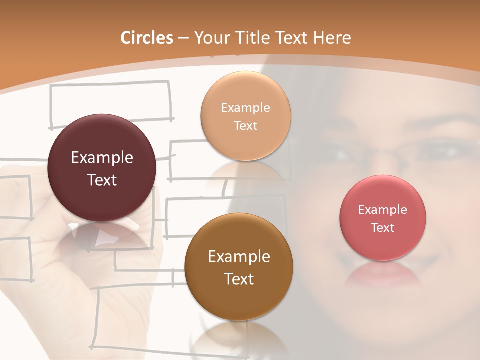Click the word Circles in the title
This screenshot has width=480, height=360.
click(147, 38)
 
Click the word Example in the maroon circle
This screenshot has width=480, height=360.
click(102, 158)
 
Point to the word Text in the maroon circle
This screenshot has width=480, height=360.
click(102, 180)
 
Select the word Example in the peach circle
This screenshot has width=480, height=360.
click(245, 108)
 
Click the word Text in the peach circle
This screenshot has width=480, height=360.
click(245, 125)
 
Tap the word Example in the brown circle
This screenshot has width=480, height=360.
click(239, 257)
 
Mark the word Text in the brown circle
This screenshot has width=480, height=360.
click(239, 279)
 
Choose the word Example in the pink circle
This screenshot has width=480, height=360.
click(383, 210)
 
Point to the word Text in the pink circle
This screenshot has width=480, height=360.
click(383, 227)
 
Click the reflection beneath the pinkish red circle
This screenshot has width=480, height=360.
click(383, 274)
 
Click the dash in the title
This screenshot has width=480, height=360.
click(183, 38)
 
